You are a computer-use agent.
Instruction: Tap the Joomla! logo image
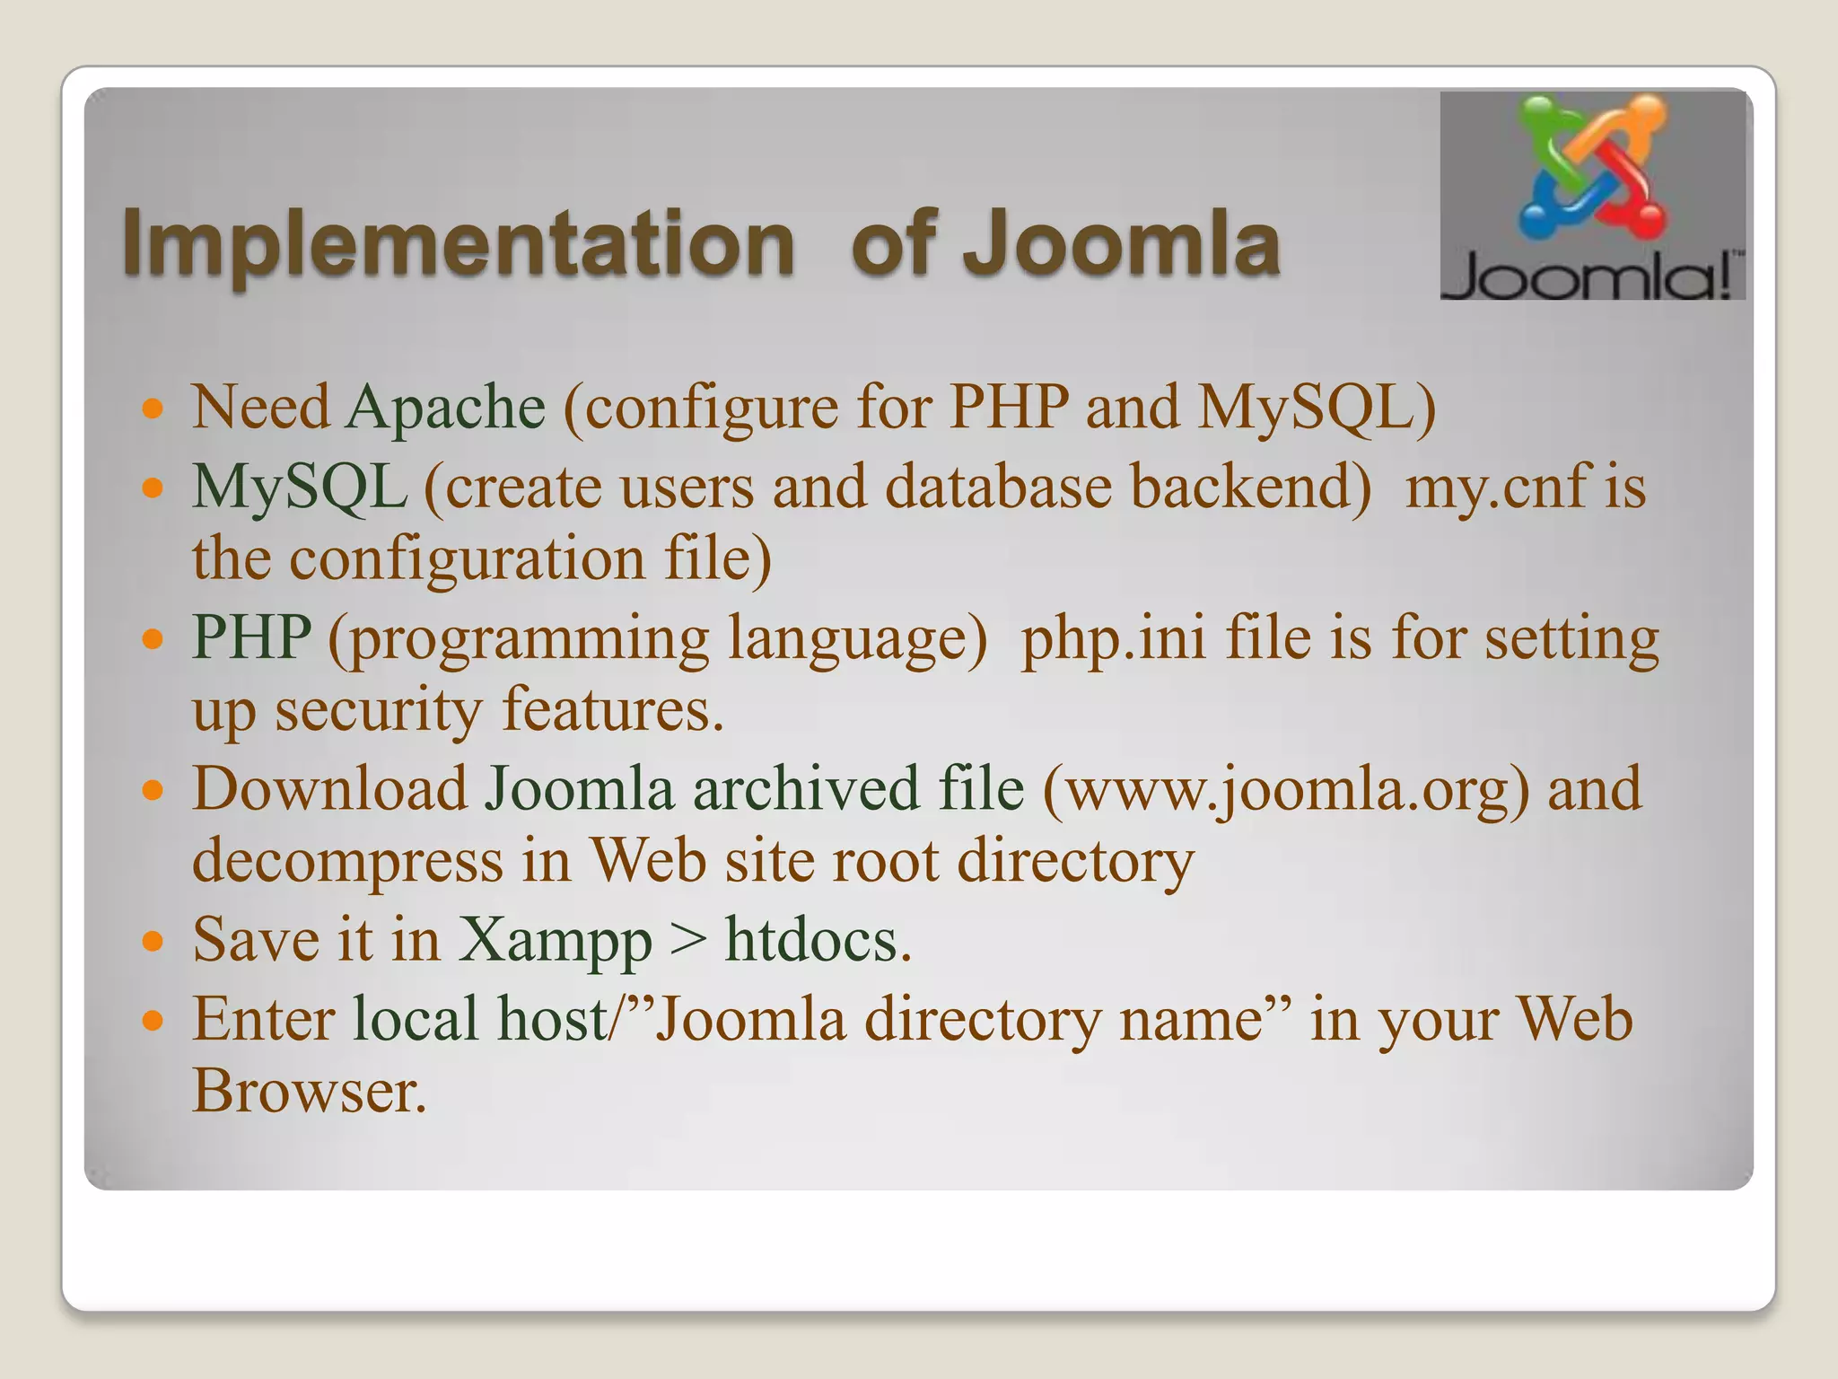click(1592, 196)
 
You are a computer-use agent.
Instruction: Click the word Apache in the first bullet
click(445, 408)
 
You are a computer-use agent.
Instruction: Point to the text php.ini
click(1114, 638)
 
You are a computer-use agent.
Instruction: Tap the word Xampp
click(556, 942)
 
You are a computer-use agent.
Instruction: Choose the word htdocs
click(818, 941)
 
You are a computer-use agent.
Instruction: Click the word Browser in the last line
click(310, 1092)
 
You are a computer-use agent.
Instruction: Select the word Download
click(330, 790)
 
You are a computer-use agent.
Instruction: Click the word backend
click(1250, 487)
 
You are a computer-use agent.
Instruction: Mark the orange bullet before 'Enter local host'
click(153, 1022)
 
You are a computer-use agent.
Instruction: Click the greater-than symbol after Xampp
click(688, 942)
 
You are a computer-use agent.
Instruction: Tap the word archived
click(806, 790)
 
